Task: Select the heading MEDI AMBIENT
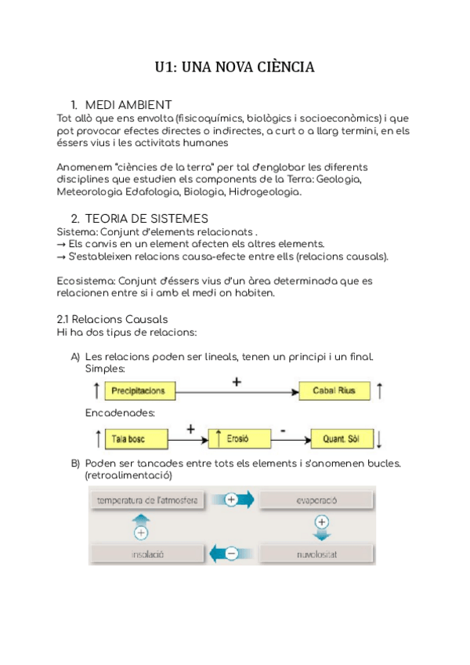pos(128,105)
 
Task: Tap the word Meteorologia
pos(89,191)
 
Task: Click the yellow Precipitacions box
pos(138,391)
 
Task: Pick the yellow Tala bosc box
pos(130,438)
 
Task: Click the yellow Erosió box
pos(240,438)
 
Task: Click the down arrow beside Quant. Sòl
pos(378,438)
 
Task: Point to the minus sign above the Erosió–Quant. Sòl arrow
pos(284,430)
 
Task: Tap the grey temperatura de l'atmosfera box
pos(146,500)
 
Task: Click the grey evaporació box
pos(316,500)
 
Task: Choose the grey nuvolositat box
pos(316,554)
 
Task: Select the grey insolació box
pos(142,554)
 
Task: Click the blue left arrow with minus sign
pos(230,554)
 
